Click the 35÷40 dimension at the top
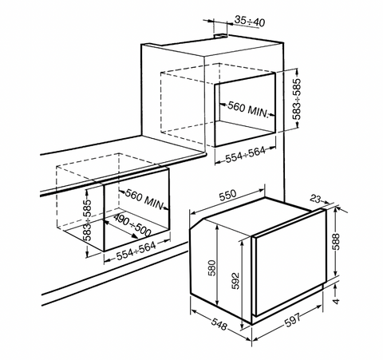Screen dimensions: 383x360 click(250, 22)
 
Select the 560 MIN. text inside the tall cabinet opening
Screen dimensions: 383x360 click(248, 109)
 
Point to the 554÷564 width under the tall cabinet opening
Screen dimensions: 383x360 click(246, 155)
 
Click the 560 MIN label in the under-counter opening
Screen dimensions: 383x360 click(144, 199)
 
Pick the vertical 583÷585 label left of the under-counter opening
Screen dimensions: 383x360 click(87, 220)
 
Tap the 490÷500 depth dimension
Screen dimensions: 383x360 click(132, 225)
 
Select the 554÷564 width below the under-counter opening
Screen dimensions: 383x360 click(136, 251)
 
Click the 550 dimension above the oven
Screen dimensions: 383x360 click(227, 196)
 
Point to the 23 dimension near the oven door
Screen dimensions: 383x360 click(315, 199)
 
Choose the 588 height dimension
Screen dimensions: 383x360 click(336, 242)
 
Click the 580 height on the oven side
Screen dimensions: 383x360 click(213, 268)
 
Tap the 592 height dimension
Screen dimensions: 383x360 click(235, 281)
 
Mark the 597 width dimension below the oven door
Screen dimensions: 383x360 click(292, 321)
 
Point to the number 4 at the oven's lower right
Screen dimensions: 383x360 click(337, 302)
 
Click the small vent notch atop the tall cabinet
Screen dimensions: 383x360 click(221, 35)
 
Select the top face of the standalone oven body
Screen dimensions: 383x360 click(255, 217)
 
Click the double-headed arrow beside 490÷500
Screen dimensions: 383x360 click(120, 228)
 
